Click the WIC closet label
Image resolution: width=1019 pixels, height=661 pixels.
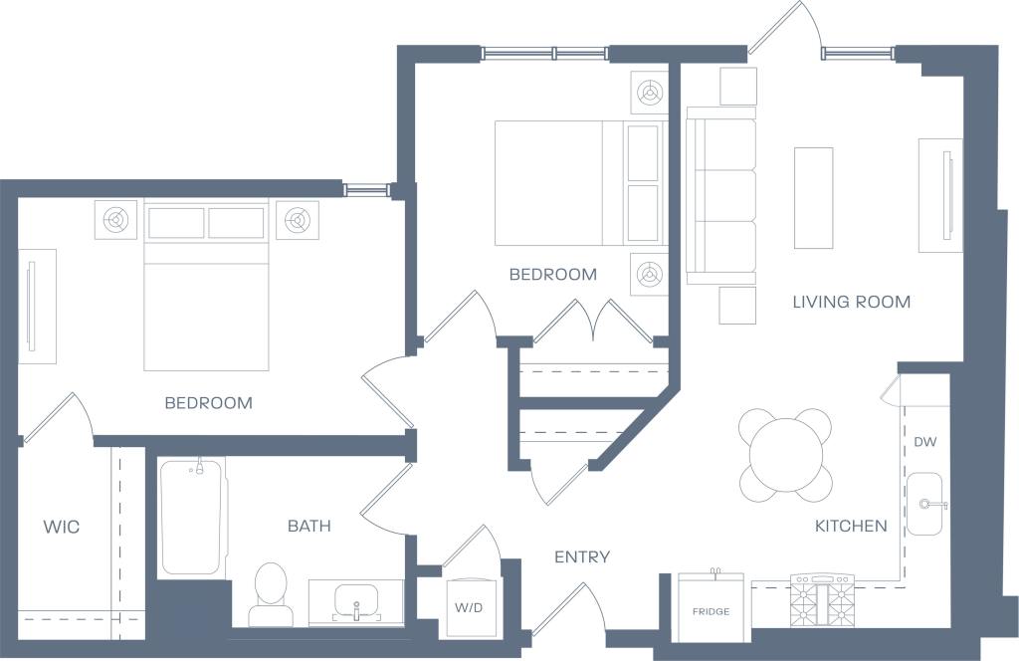(x=61, y=527)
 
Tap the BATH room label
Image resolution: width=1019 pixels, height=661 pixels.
(x=308, y=526)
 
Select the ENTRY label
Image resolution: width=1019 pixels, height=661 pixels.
(x=582, y=557)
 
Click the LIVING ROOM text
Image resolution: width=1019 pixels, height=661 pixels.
(x=851, y=302)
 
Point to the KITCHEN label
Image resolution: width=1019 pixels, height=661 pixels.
(x=851, y=526)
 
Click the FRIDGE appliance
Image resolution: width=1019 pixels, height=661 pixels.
(x=711, y=604)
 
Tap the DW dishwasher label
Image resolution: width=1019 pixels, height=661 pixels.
(x=924, y=442)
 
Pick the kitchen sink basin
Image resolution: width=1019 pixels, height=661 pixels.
(x=924, y=504)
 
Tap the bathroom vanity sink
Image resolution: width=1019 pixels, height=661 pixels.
(x=355, y=602)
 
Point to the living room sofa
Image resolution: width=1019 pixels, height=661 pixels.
(x=721, y=196)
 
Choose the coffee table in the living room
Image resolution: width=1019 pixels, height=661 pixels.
(x=813, y=197)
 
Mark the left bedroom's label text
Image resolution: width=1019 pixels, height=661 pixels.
(x=208, y=403)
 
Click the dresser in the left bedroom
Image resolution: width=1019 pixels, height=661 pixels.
(x=37, y=306)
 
